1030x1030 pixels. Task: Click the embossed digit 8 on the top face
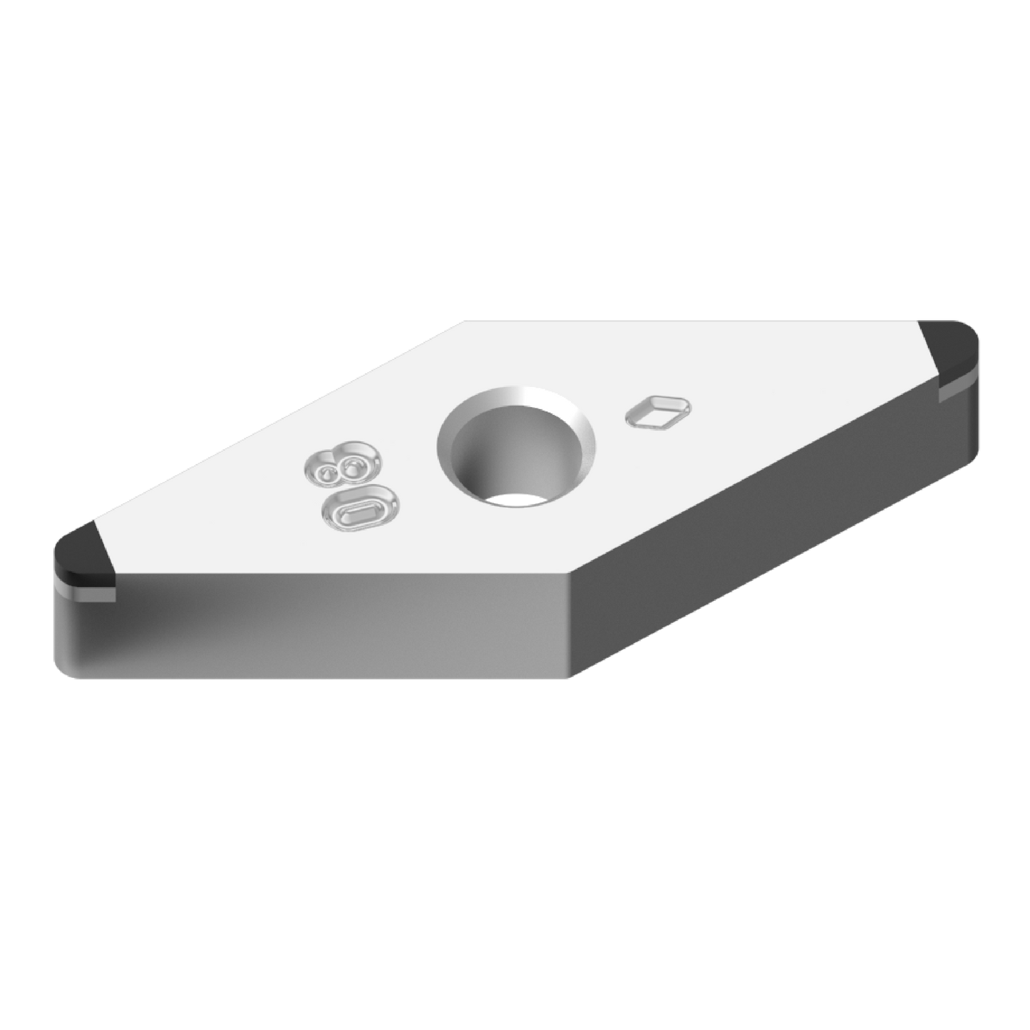[339, 465]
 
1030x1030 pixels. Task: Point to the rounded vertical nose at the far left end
[56, 613]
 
